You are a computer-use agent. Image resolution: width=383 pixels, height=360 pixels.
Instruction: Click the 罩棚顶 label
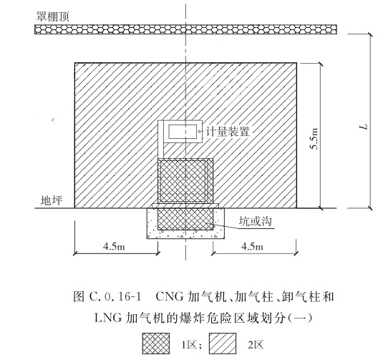[x=52, y=16]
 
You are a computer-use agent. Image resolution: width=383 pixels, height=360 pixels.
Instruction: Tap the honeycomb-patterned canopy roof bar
[x=185, y=29]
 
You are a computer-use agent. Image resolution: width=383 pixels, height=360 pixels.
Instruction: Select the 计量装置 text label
[x=228, y=132]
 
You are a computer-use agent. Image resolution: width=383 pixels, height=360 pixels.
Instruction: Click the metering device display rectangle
[x=183, y=132]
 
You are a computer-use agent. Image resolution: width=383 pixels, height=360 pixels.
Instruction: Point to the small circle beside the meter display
[x=199, y=132]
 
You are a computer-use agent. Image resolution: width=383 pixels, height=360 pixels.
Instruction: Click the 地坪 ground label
[x=52, y=200]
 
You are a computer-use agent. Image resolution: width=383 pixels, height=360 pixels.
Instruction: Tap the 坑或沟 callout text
[x=255, y=222]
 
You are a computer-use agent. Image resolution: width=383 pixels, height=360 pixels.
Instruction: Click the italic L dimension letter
[x=364, y=127]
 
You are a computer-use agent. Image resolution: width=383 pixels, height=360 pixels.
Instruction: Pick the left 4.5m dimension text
[x=114, y=246]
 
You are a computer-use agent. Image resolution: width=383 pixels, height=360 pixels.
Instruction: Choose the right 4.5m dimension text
[x=252, y=246]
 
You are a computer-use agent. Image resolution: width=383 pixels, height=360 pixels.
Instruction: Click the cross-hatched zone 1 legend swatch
[x=156, y=344]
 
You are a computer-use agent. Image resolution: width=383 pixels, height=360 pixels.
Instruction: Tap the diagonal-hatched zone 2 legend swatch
[x=223, y=344]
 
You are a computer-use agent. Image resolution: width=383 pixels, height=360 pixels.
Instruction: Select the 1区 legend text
[x=190, y=345]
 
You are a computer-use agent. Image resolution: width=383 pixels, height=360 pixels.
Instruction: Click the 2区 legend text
[x=256, y=345]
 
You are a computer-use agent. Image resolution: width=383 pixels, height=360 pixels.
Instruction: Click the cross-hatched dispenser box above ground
[x=185, y=181]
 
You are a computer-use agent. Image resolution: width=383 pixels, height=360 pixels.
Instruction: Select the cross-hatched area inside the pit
[x=185, y=219]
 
